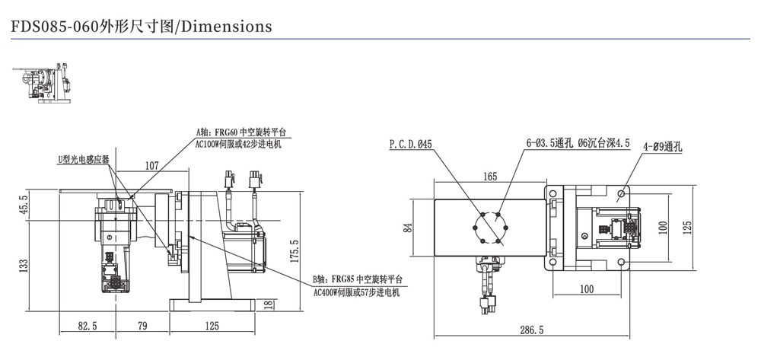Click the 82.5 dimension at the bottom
click(x=88, y=326)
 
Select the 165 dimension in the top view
click(x=489, y=177)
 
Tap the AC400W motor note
click(x=355, y=292)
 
